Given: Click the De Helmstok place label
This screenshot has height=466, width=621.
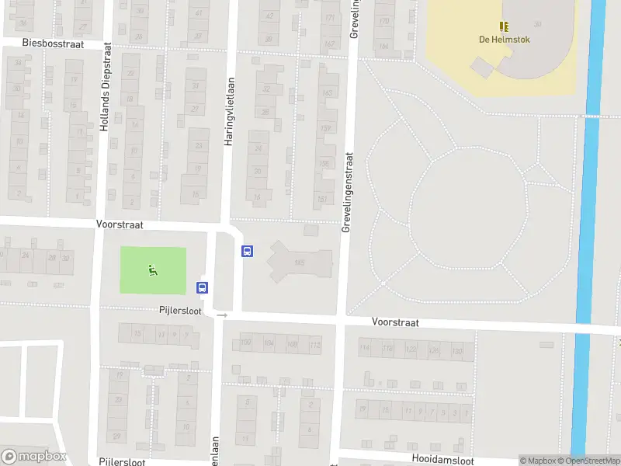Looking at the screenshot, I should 504,40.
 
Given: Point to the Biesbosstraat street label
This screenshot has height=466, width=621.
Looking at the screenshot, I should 53,43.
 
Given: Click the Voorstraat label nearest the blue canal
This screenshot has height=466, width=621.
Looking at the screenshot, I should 395,322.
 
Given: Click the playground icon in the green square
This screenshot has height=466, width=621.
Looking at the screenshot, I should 153,270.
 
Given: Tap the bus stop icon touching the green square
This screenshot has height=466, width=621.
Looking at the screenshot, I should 203,287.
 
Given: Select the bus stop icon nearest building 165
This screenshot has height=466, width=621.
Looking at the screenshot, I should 248,251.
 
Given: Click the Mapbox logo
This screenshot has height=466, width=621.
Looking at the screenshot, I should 33,457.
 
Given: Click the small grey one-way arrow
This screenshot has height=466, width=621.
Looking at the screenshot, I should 222,315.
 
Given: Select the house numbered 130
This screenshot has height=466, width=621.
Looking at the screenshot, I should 458,352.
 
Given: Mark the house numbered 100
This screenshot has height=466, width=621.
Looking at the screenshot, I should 247,343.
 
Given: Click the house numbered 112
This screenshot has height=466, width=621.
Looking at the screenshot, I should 314,344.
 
